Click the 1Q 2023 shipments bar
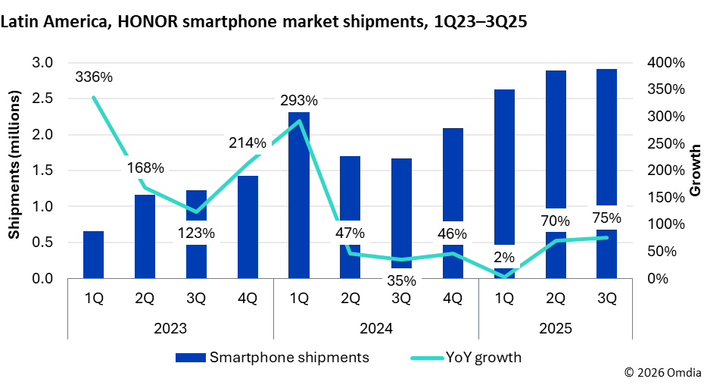pyautogui.click(x=93, y=255)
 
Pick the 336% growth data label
pyautogui.click(x=94, y=77)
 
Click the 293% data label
pyautogui.click(x=298, y=101)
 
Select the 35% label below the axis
pyautogui.click(x=401, y=280)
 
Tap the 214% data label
pyautogui.click(x=248, y=142)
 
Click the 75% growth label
pyautogui.click(x=606, y=218)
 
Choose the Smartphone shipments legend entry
pyautogui.click(x=273, y=357)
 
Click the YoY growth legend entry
pyautogui.click(x=466, y=357)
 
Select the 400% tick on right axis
pyautogui.click(x=666, y=63)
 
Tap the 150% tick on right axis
pyautogui.click(x=666, y=198)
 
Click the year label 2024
pyautogui.click(x=375, y=329)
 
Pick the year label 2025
pyautogui.click(x=555, y=329)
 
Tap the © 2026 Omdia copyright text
pyautogui.click(x=662, y=372)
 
